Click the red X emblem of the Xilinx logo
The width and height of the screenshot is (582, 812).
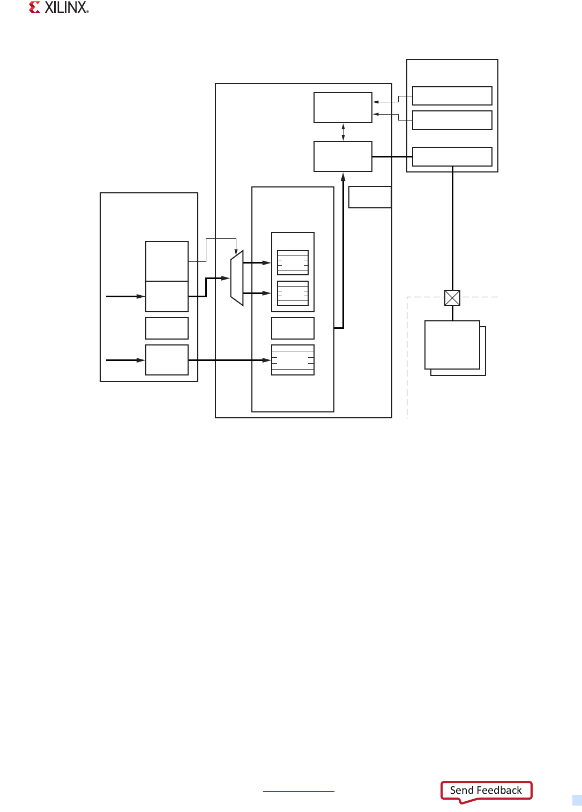35,7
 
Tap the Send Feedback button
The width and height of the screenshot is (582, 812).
486,791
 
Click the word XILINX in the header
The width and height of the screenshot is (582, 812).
66,7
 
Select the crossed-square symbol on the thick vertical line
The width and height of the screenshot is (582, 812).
452,298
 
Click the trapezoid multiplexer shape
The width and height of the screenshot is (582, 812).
237,278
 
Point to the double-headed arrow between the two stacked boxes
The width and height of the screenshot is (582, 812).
343,132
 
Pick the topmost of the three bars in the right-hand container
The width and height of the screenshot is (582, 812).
452,96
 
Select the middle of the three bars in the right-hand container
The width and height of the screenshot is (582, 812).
452,120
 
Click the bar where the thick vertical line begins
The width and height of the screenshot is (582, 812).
452,156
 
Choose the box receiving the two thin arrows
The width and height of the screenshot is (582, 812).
343,108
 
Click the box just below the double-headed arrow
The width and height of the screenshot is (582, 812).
343,156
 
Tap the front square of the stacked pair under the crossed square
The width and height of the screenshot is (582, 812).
452,344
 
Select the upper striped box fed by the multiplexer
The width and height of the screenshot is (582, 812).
293,262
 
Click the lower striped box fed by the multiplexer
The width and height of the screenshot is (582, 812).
293,293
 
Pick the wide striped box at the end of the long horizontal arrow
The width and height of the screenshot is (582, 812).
293,360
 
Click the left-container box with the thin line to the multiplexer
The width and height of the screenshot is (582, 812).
167,261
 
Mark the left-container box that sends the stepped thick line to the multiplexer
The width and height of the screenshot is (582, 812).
167,296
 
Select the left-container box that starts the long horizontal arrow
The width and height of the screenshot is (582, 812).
167,360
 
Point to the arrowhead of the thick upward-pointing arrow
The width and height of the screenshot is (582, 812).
343,177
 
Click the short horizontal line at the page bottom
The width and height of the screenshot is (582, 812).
299,791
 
